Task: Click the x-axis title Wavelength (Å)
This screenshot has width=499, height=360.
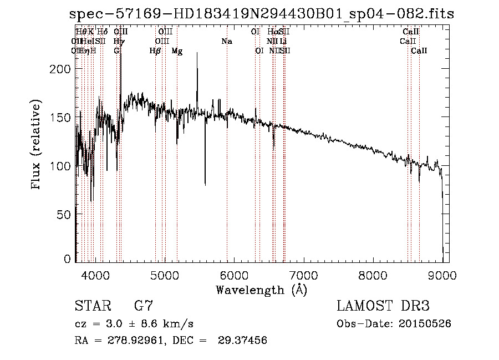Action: [261, 290]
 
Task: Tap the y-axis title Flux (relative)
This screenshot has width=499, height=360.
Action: [37, 145]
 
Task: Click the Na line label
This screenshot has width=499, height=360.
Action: [226, 42]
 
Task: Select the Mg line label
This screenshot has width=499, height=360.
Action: [177, 51]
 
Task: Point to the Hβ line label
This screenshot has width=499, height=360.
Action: [155, 51]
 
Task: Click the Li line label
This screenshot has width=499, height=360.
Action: [283, 42]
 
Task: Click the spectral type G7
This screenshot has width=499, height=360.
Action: [144, 306]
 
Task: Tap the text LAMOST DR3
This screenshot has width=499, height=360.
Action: [383, 306]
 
